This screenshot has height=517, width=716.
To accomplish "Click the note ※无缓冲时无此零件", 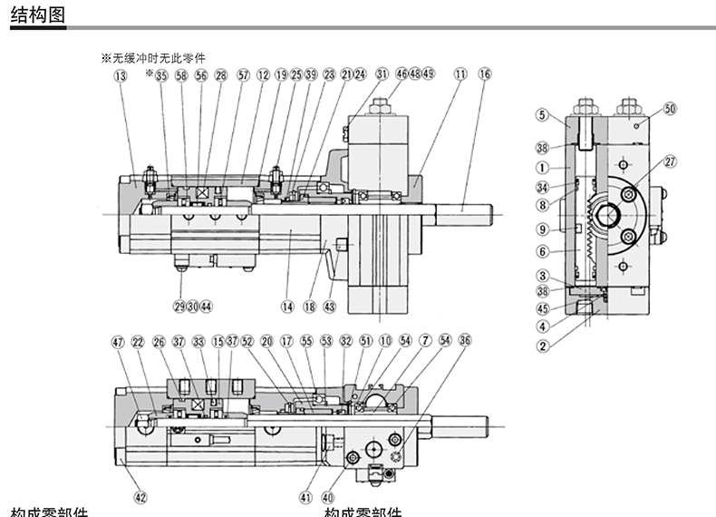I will pyautogui.click(x=153, y=58).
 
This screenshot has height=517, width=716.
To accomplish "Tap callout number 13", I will pyautogui.click(x=121, y=76).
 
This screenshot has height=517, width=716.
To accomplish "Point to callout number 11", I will pyautogui.click(x=460, y=76).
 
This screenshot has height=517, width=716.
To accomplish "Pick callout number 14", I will pyautogui.click(x=287, y=306).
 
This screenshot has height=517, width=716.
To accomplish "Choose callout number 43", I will pyautogui.click(x=329, y=306).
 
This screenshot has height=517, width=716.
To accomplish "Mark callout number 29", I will pyautogui.click(x=179, y=306).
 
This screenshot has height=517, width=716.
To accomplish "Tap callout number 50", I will pyautogui.click(x=670, y=108).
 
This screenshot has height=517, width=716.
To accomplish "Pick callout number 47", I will pyautogui.click(x=117, y=342).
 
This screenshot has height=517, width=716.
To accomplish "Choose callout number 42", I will pyautogui.click(x=140, y=496).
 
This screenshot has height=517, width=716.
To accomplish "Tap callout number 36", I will pyautogui.click(x=465, y=342).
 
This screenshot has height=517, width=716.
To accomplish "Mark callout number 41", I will pyautogui.click(x=305, y=496).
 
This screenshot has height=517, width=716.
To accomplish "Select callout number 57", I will pyautogui.click(x=242, y=76).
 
